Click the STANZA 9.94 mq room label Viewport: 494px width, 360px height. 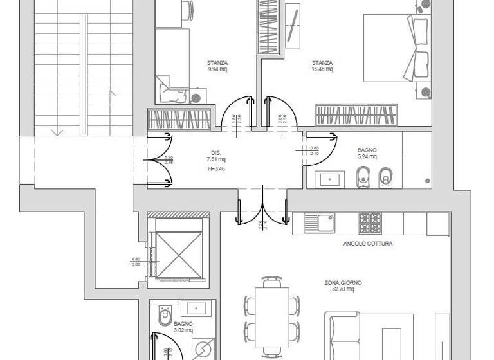pos(217,66)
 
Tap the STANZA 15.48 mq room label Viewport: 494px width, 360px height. pos(322,66)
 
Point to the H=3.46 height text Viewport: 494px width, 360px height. pos(217,168)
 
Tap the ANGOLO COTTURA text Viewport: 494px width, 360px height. pos(368,244)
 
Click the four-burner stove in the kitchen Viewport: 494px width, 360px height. pos(370,223)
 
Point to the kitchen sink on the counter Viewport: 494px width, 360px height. pos(320,223)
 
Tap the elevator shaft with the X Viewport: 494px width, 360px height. pos(178,249)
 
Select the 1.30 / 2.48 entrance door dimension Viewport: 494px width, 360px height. pos(169,161)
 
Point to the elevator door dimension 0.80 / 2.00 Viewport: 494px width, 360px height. pos(135,261)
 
